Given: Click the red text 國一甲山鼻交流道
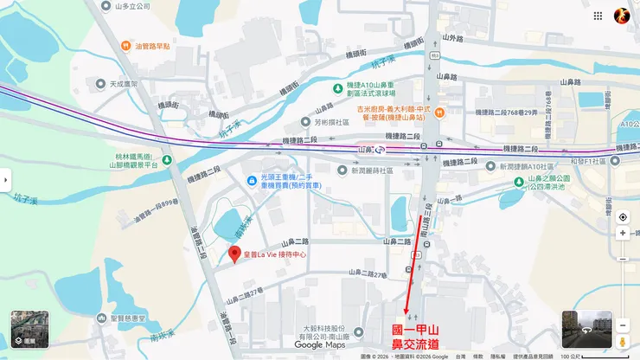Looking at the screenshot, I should coord(415,337).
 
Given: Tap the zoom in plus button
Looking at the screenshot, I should coord(622,233).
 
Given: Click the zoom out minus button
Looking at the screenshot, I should coord(622,257).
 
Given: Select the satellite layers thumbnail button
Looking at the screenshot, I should coord(29,330).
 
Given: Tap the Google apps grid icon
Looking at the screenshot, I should coord(598,16).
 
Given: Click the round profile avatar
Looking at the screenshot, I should coord(622,16).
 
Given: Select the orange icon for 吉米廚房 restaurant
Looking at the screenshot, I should coord(439,111).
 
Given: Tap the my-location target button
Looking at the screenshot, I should coord(622,216).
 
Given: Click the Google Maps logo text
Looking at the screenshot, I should coord(320,344).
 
